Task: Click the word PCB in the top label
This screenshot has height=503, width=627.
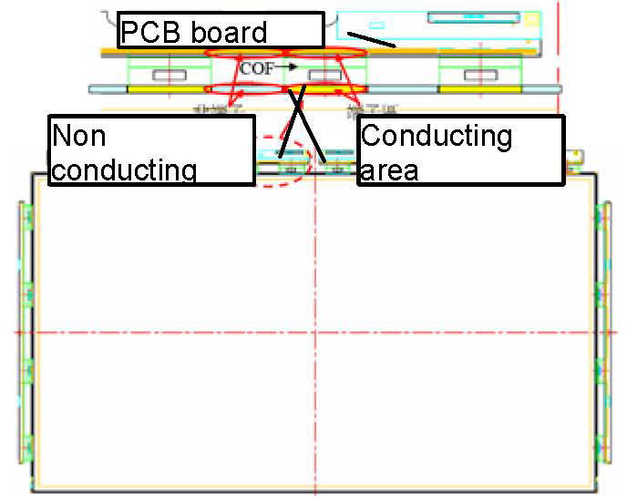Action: pyautogui.click(x=146, y=32)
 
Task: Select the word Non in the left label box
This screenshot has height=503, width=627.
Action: pyautogui.click(x=79, y=136)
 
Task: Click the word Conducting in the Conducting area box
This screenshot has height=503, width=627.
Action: pyautogui.click(x=437, y=136)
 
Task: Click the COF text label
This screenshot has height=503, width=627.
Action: pyautogui.click(x=256, y=68)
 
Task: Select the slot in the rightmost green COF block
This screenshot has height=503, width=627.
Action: pyautogui.click(x=477, y=74)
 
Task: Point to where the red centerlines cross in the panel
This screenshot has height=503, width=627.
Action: pyautogui.click(x=313, y=332)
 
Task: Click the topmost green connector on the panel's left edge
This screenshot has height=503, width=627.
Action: pyautogui.click(x=27, y=218)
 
